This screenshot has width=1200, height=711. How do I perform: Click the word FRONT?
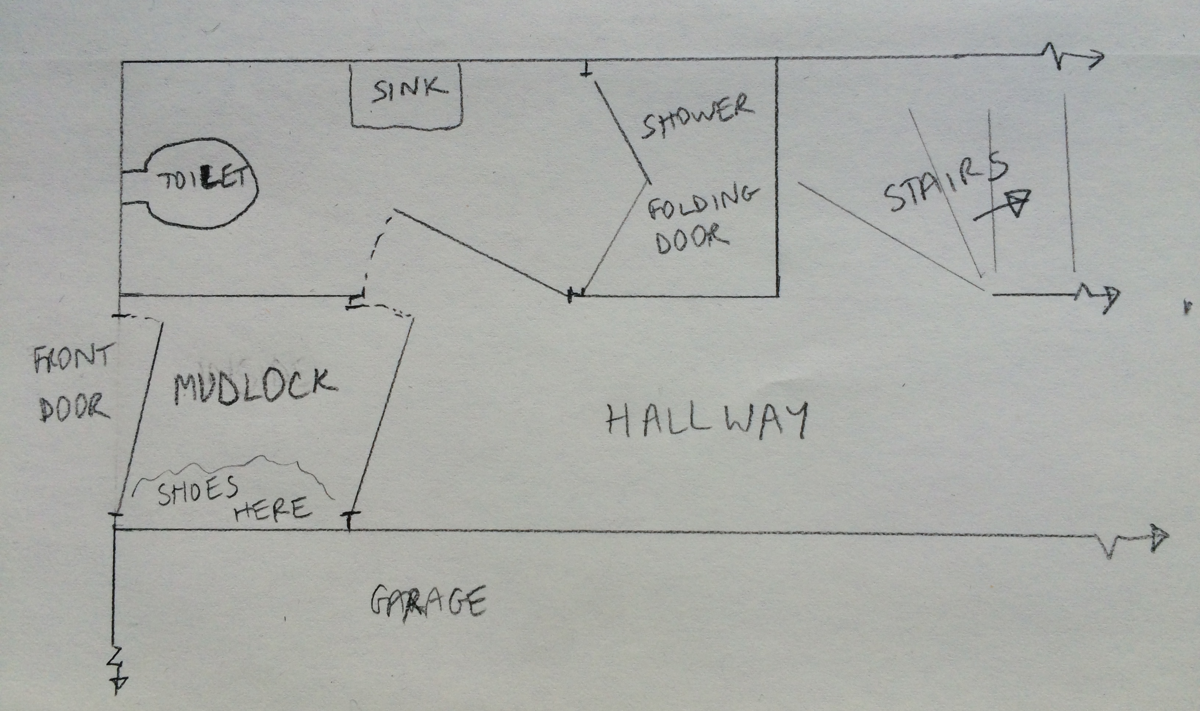72,358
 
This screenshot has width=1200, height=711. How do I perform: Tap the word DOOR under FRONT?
74,408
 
